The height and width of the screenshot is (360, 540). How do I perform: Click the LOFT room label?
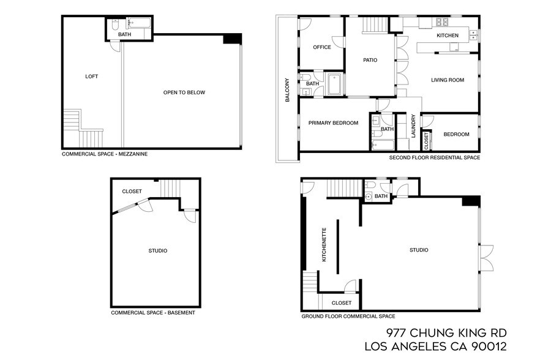point(91,77)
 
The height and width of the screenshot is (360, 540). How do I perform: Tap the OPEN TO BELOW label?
point(184,92)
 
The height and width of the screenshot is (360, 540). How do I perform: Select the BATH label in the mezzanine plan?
point(124,35)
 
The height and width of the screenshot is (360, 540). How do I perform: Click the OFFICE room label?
point(321,47)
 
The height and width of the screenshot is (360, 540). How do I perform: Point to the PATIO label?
point(370,60)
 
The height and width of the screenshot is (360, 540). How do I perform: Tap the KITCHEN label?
point(447,36)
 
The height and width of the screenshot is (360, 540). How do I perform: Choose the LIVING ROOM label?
point(448,80)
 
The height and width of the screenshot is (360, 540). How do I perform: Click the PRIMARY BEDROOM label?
point(333,123)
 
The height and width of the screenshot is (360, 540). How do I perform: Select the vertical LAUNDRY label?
point(414,127)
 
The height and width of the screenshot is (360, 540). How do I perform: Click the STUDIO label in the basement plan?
point(158,250)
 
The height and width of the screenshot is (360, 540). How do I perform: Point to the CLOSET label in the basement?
point(132,191)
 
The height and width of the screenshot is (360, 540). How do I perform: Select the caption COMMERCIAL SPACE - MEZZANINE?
point(105,154)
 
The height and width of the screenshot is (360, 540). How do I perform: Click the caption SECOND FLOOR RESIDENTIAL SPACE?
point(434,157)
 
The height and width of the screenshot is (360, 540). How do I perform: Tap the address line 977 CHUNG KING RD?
point(446,332)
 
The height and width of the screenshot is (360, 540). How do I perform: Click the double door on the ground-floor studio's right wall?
point(486,258)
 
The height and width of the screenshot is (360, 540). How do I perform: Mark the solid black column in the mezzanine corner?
point(233,39)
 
